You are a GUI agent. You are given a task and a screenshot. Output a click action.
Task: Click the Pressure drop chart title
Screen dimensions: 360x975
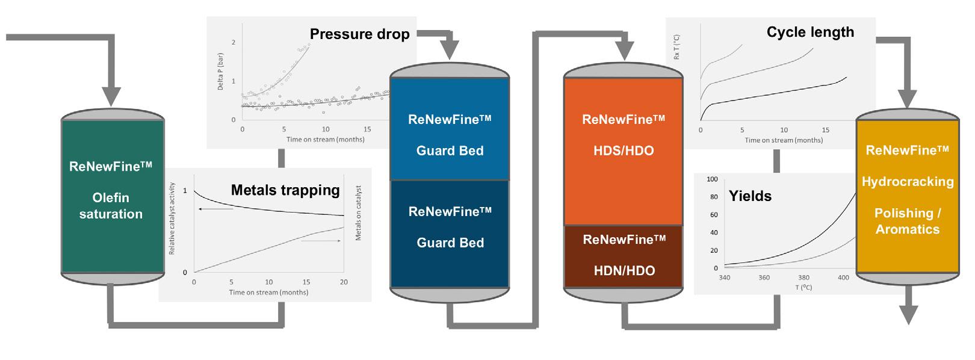(x=359, y=34)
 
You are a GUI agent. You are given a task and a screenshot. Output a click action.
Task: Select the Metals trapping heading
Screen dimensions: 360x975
(x=285, y=191)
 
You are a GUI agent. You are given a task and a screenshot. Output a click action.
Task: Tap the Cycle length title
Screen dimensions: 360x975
(x=810, y=32)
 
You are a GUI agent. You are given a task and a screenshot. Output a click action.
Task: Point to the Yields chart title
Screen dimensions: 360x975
(x=750, y=196)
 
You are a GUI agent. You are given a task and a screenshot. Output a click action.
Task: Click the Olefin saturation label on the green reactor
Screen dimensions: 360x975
(x=111, y=206)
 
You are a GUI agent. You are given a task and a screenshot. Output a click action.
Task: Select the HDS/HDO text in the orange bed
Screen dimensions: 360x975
(x=624, y=151)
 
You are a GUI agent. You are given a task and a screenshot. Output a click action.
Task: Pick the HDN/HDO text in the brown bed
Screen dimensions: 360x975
(x=624, y=271)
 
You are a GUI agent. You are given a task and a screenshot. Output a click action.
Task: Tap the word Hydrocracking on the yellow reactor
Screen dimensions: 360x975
(x=908, y=182)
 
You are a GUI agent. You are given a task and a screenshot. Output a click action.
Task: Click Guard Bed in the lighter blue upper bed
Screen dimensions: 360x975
(x=450, y=151)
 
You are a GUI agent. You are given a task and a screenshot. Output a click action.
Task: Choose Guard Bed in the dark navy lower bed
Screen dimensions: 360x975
(x=450, y=243)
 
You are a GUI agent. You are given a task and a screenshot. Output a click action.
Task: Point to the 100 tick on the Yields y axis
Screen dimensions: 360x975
(x=713, y=179)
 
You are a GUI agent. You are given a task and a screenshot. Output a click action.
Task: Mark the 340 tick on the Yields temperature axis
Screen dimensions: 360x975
(x=725, y=278)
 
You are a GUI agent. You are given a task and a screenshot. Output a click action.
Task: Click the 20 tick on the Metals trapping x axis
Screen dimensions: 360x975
(x=344, y=282)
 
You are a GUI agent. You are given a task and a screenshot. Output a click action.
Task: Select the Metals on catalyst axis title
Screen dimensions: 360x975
(x=359, y=213)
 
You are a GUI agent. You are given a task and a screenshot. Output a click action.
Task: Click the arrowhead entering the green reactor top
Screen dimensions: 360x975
(x=112, y=97)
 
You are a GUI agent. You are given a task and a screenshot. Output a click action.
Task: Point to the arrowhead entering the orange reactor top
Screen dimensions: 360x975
(x=626, y=52)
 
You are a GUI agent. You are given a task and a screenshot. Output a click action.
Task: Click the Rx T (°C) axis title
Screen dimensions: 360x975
(x=677, y=49)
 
